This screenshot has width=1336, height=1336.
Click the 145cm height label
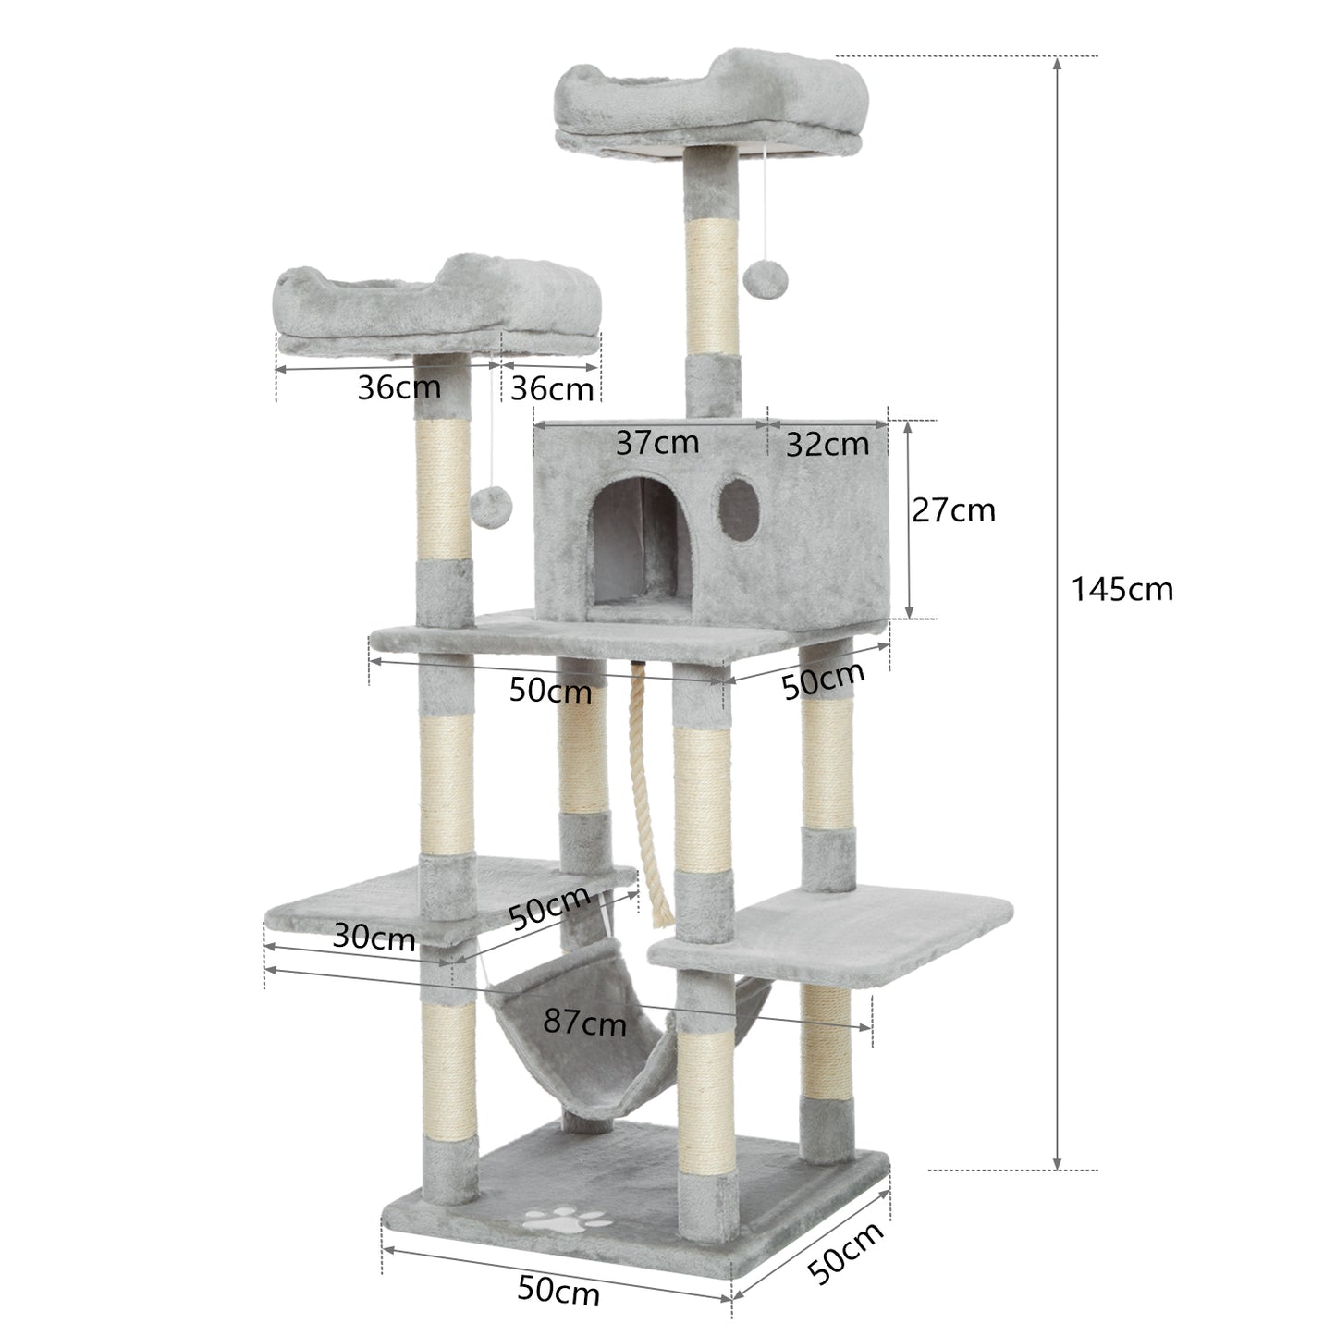[1122, 588]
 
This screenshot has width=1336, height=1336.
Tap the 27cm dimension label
[953, 509]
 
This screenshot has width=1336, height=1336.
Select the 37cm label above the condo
[657, 443]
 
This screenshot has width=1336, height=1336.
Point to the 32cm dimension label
[827, 445]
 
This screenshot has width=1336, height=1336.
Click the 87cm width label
[584, 1022]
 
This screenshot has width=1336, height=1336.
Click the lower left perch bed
[439, 310]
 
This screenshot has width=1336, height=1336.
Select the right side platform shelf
[832, 934]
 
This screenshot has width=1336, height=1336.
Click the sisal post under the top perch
[712, 277]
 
